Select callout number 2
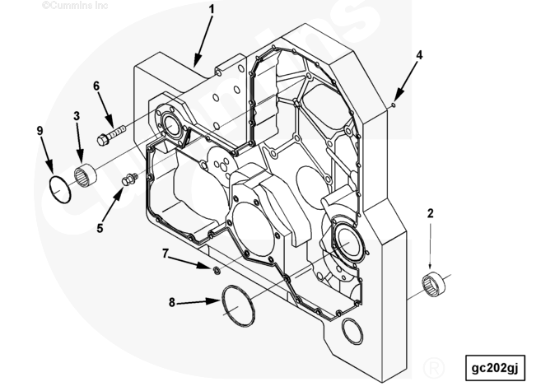430,213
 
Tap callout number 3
77,117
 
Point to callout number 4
419,54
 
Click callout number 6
96,86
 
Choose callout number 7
166,254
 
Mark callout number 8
172,303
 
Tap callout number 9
39,129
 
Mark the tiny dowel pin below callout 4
394,105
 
